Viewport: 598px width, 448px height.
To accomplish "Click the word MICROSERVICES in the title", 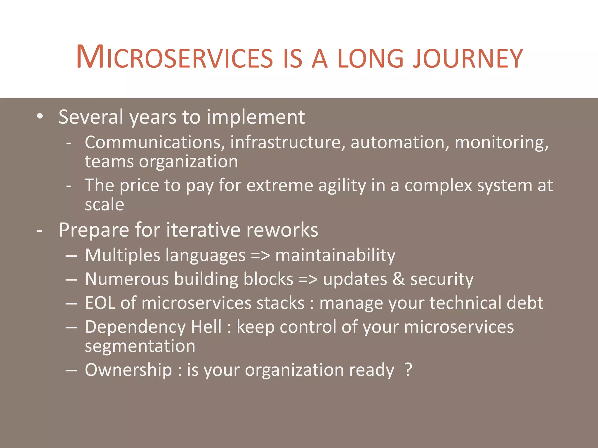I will coord(174,57).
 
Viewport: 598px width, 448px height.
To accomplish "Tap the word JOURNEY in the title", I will coord(467,58).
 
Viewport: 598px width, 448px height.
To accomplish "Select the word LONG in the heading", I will coord(370,58).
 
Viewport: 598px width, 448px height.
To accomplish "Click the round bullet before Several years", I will coord(40,116).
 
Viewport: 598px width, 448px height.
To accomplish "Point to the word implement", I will coord(255,118).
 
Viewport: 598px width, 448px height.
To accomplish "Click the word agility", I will coord(342,186).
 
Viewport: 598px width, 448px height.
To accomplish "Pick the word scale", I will coord(104,204).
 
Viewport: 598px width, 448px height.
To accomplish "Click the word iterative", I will coord(203,230).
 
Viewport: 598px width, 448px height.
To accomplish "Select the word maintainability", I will coord(335,256).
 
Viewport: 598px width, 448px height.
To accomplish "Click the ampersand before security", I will coord(399,279).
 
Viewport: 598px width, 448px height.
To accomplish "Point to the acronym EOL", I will coord(100,303).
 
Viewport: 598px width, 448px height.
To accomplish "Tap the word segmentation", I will coord(140,346).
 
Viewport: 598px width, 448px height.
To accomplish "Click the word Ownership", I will coord(128,370).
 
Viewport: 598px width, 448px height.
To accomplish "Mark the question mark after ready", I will coord(408,370).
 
